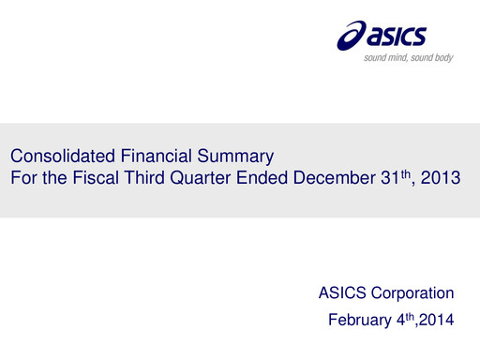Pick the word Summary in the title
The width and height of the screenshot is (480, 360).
203,156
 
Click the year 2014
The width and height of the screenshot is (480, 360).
434,321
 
